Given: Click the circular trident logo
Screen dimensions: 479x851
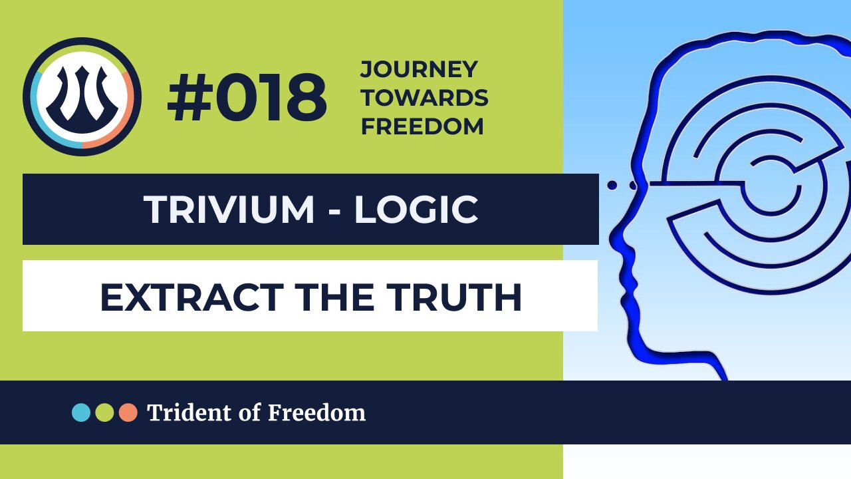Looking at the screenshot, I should (x=82, y=96).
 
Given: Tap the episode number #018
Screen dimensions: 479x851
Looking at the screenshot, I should (x=247, y=98).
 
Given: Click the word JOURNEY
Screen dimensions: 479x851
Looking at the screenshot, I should (x=419, y=69).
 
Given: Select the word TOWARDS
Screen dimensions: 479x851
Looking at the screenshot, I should (x=424, y=98).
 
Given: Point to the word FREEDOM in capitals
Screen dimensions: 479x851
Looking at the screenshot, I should (x=422, y=126).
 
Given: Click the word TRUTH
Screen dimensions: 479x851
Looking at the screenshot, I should (x=458, y=297).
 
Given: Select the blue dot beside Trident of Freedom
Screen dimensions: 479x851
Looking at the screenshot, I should (x=81, y=412).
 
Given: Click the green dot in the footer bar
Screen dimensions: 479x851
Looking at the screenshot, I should (x=104, y=412).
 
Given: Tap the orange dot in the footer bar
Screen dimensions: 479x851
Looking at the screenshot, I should (x=128, y=412).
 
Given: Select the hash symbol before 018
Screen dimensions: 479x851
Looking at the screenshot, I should (x=187, y=98).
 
